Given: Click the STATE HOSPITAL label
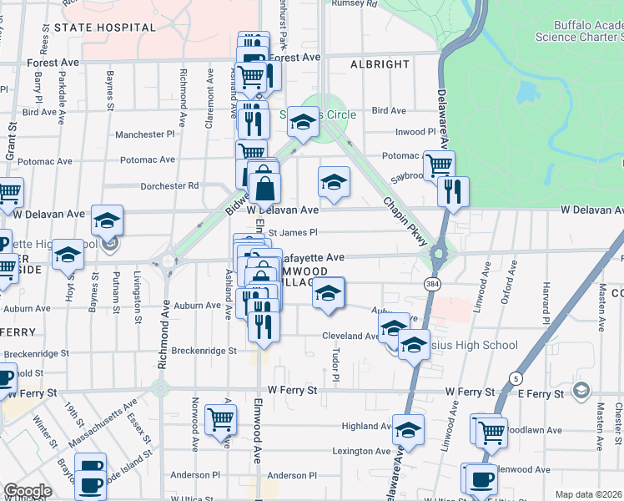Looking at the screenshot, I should tap(105, 28).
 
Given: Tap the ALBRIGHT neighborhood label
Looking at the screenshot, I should tap(380, 64).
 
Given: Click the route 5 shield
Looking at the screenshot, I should tap(517, 378).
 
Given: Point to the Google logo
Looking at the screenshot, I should tap(28, 491).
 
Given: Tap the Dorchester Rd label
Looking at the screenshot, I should tap(170, 185).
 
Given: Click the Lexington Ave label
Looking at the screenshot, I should tap(362, 451).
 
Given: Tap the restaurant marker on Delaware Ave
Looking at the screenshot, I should tap(453, 190).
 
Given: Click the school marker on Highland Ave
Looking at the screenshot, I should tap(408, 429).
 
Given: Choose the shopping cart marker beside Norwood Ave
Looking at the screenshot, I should tap(220, 418).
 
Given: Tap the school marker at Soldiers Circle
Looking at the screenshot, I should tap(304, 122).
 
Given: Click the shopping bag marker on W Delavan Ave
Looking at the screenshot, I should tap(264, 187).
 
